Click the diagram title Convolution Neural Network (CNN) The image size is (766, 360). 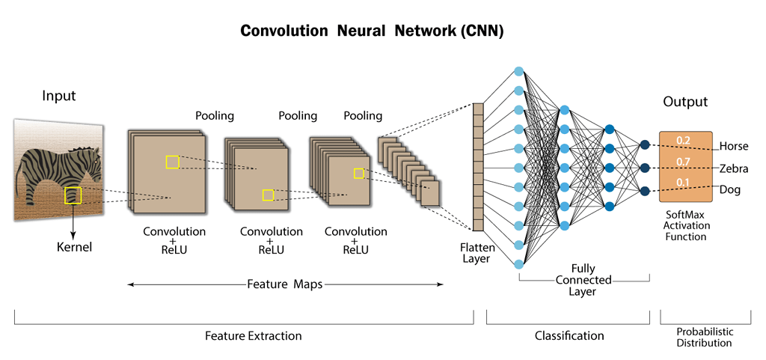tap(372, 31)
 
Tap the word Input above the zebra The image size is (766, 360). tap(59, 96)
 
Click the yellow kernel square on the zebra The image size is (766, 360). tap(73, 195)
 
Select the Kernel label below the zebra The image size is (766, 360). tap(74, 246)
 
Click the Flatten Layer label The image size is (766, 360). tap(476, 253)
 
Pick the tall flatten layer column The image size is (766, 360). tap(478, 166)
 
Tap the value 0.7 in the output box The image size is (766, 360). tap(683, 162)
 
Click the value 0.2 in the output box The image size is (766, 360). tap(683, 140)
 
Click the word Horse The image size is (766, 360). tap(733, 147)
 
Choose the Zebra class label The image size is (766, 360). tap(733, 168)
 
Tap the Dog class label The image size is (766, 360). tap(729, 190)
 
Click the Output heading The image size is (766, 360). tap(684, 102)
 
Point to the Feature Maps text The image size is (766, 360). tap(285, 284)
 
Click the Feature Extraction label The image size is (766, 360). tap(254, 336)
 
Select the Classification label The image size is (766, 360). tap(569, 336)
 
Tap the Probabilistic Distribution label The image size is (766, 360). tap(705, 338)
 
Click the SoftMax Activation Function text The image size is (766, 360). tap(686, 225)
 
